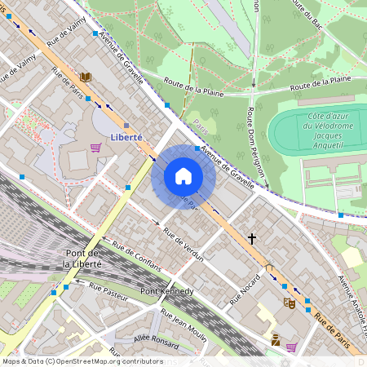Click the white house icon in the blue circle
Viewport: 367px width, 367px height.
183,176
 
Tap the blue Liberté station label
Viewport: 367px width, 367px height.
127,137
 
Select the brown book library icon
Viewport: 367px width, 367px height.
85,77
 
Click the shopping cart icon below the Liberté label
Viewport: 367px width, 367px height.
95,148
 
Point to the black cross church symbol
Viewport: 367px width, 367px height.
252,239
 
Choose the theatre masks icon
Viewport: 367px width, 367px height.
287,303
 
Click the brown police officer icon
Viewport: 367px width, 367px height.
276,339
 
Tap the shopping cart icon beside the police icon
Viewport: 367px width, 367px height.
291,347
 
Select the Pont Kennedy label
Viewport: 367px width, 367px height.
166,291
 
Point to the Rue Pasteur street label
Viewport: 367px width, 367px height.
103,293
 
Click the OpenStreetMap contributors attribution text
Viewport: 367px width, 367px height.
82,361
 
